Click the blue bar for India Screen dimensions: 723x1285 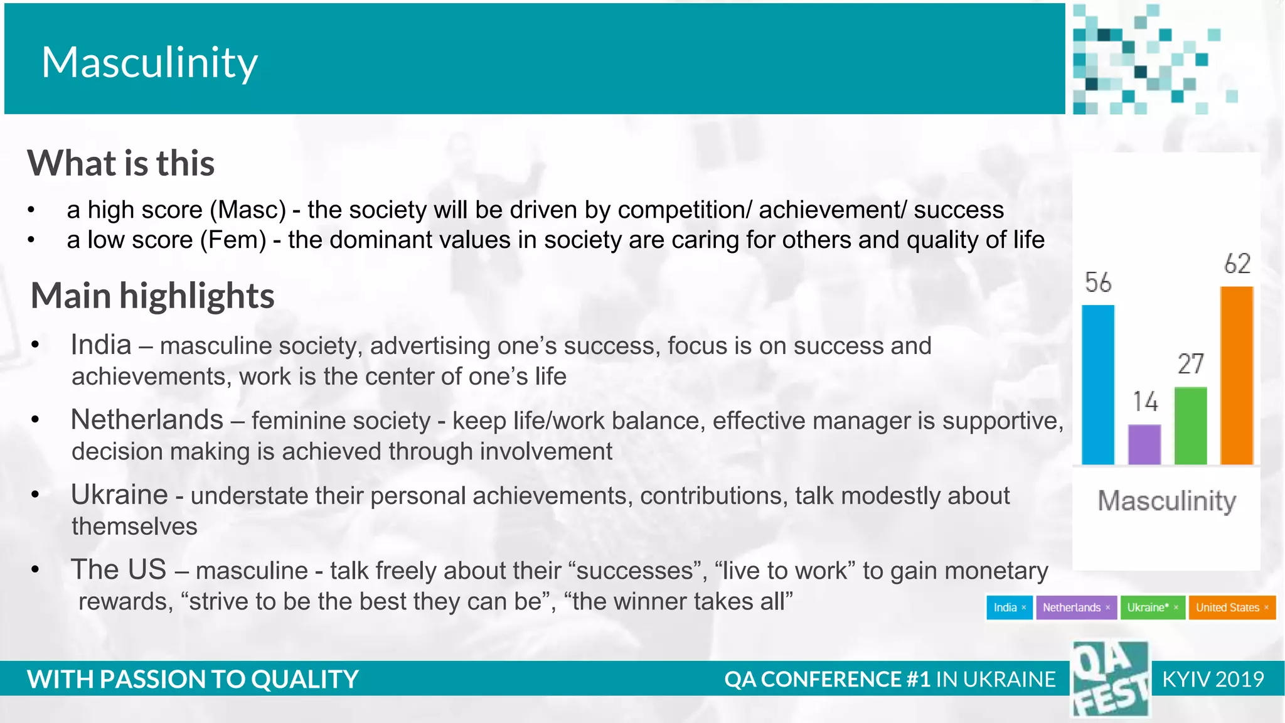pos(1098,385)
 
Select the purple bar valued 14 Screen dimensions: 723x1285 pos(1144,444)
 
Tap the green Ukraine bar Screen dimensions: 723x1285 pos(1190,426)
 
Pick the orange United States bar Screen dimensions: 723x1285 pos(1237,375)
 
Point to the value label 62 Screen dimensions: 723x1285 pos(1237,264)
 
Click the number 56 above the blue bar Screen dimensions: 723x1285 pos(1098,282)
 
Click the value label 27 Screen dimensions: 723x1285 pos(1190,364)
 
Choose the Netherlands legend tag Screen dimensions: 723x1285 pos(1076,608)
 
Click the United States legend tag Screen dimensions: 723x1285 pos(1232,608)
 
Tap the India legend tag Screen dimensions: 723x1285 pos(1009,608)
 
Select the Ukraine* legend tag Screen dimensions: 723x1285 pos(1152,608)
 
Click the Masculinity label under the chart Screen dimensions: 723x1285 pos(1166,501)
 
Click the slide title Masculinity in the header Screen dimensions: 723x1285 pos(149,62)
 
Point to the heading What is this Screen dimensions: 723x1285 pos(121,163)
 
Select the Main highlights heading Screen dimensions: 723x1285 pos(152,296)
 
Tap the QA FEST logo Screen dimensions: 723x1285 pos(1111,679)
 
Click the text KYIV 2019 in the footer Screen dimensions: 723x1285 pos(1212,679)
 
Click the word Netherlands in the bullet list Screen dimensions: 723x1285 pos(147,420)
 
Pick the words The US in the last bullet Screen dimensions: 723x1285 pos(119,570)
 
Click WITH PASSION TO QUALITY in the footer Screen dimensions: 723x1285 pos(193,679)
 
